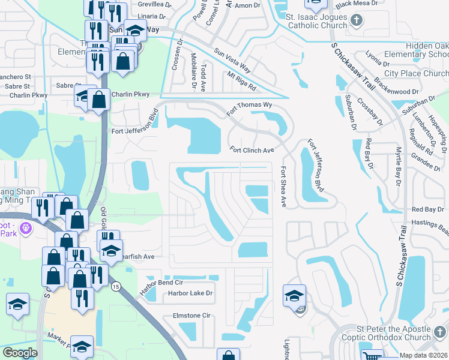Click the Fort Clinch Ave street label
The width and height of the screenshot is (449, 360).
252,150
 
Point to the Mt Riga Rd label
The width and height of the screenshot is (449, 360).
241,81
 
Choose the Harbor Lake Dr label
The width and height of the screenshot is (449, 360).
190,293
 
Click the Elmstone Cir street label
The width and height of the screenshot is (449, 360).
190,315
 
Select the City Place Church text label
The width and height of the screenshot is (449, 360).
415,74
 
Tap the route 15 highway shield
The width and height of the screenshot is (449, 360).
116,287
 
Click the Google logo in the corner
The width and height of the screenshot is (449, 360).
20,353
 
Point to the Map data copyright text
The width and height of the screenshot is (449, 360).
423,355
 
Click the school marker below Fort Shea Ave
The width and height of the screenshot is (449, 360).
294,296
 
